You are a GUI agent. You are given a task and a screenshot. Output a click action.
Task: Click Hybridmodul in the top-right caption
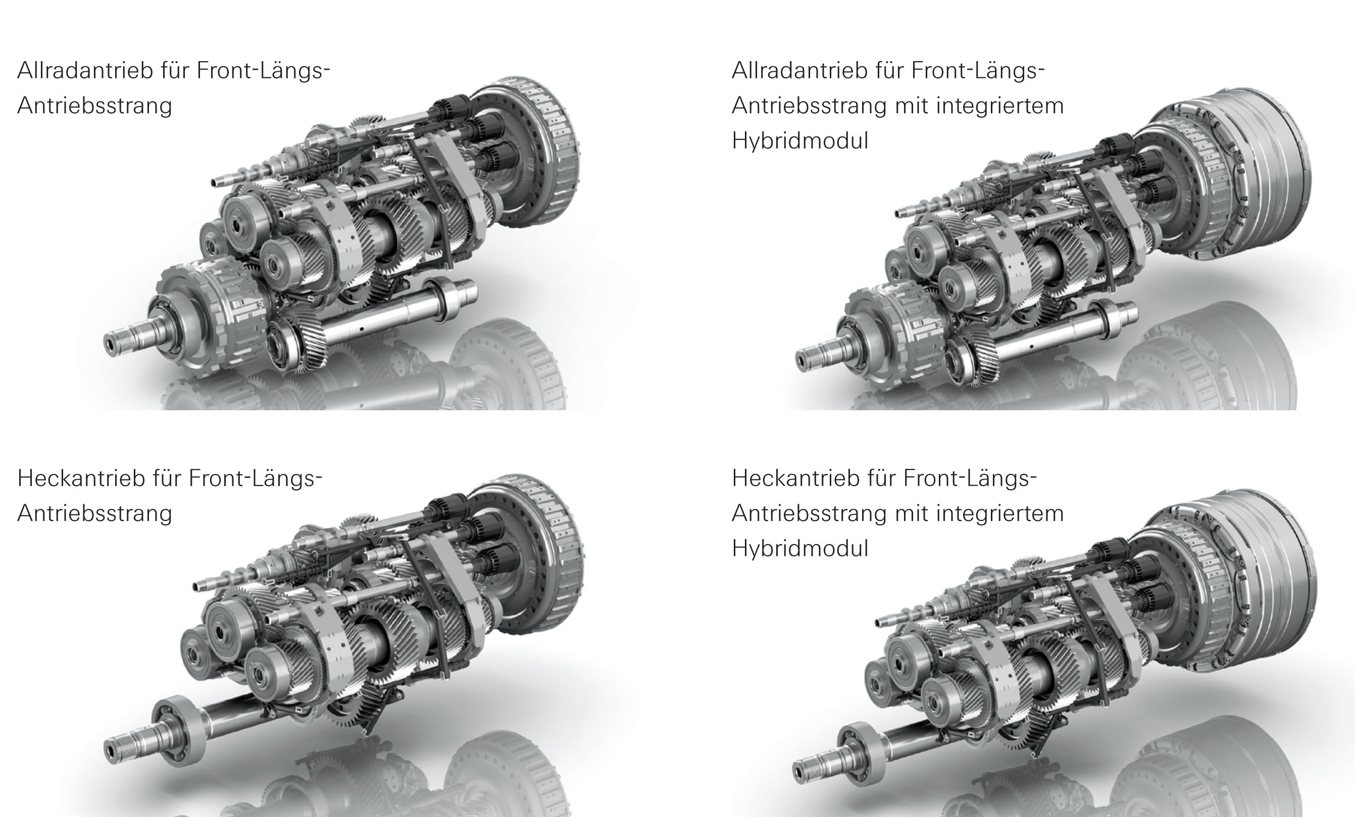point(800,141)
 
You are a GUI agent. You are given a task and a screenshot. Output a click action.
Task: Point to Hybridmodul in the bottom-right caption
point(800,549)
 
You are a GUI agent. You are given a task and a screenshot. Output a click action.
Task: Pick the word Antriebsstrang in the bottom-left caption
point(94,514)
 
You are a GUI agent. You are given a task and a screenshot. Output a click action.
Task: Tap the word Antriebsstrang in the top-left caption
point(94,106)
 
